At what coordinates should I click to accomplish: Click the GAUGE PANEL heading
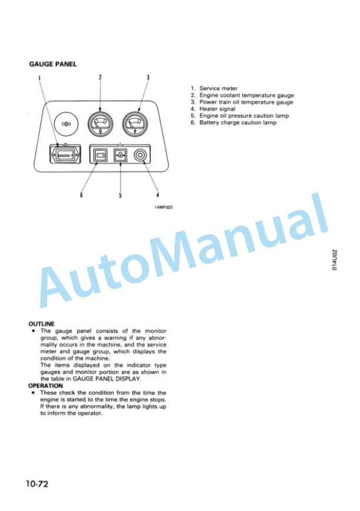(x=53, y=64)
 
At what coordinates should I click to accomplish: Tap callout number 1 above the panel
(x=39, y=78)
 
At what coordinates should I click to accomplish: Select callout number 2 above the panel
(x=100, y=77)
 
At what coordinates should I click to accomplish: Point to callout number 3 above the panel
(x=148, y=77)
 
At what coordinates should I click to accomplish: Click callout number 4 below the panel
(x=158, y=195)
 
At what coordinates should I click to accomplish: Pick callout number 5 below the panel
(x=120, y=195)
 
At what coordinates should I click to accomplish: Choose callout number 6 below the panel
(x=81, y=195)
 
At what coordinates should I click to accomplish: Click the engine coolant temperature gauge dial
(x=101, y=124)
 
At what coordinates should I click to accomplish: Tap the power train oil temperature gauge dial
(x=135, y=124)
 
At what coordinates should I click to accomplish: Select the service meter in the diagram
(x=65, y=155)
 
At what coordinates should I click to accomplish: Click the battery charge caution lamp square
(x=100, y=155)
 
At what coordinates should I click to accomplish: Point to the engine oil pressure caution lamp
(x=120, y=155)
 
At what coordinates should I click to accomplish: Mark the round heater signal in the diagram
(x=140, y=155)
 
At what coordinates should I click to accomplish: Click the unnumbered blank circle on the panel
(x=66, y=124)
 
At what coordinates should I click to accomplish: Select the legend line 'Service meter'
(x=214, y=88)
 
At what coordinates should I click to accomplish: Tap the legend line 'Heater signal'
(x=213, y=109)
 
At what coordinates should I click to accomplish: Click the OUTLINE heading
(x=42, y=324)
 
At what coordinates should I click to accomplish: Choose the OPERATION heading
(x=45, y=386)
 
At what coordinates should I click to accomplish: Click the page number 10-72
(x=37, y=484)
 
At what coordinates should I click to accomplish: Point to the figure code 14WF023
(x=164, y=207)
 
